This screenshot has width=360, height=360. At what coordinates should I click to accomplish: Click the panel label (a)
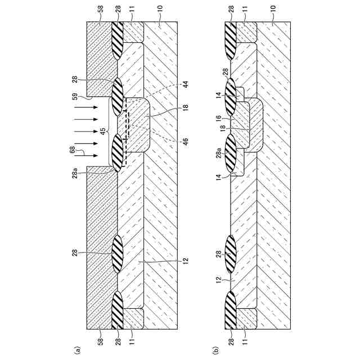pyautogui.click(x=77, y=349)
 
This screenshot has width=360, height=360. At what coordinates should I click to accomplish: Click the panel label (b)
pyautogui.click(x=215, y=349)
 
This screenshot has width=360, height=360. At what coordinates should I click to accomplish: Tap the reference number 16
pyautogui.click(x=217, y=119)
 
